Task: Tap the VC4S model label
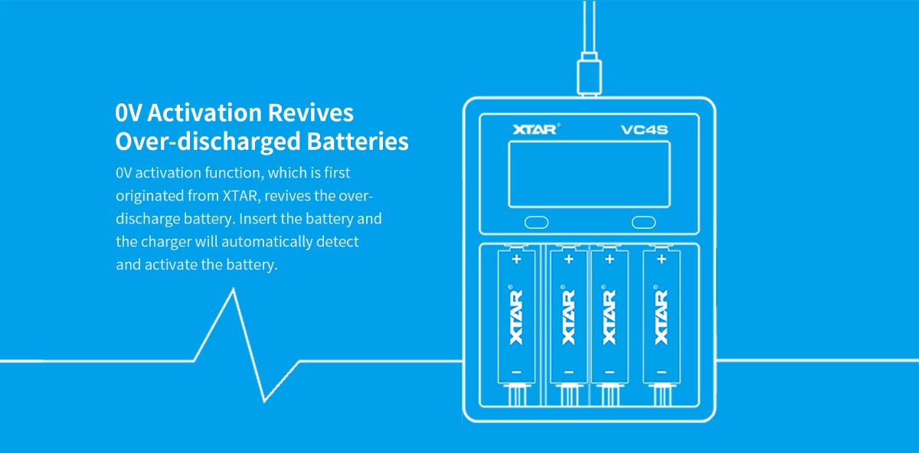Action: coord(643,129)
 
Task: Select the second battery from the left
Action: coord(568,315)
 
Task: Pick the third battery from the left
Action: coord(610,315)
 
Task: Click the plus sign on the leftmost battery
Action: coord(516,259)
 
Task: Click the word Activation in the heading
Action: coord(204,112)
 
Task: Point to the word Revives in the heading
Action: coord(310,112)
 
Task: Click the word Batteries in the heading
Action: coord(357,142)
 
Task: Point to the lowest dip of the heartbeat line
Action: coord(265,400)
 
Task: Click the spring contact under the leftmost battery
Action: coord(516,396)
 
